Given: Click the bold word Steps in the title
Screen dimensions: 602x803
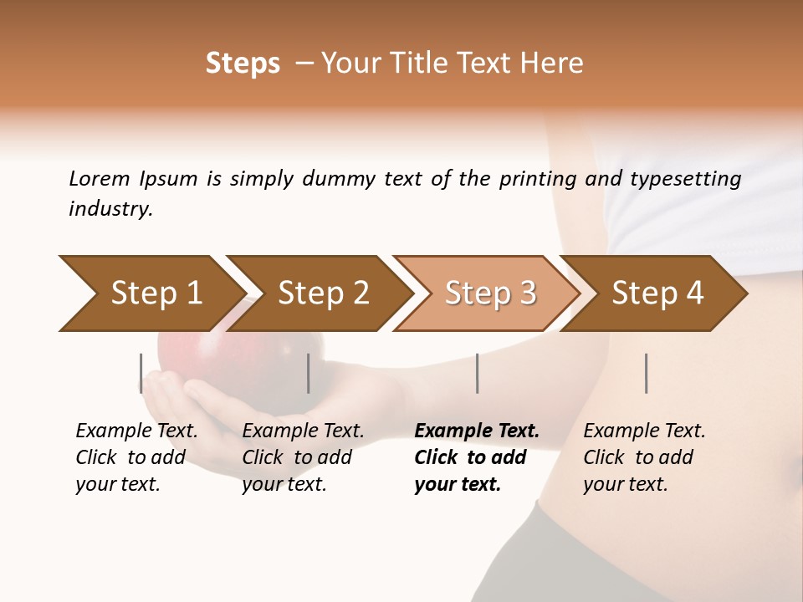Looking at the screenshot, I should point(243,64).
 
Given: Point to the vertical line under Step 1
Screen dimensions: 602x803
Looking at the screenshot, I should point(141,373).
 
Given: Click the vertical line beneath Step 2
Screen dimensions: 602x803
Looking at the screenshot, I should point(309,373).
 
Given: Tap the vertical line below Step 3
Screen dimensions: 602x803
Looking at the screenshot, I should point(477,373).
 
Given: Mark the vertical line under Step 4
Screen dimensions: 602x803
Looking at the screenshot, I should point(646,373).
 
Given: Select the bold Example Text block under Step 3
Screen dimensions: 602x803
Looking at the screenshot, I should point(476,457).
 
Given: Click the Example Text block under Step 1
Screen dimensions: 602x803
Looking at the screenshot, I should point(136,457).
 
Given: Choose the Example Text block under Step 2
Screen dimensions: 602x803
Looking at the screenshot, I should point(303,457).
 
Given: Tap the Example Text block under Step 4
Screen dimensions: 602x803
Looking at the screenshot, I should point(644,457).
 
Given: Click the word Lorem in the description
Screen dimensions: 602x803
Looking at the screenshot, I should point(100,179).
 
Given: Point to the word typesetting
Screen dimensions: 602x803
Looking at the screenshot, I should point(685,179).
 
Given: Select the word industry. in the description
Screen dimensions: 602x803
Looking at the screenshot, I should point(110,209).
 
